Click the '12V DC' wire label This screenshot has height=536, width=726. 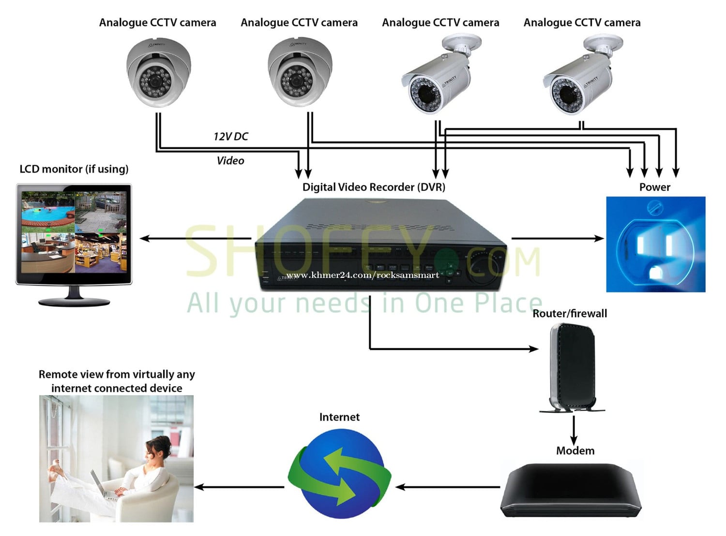coord(230,136)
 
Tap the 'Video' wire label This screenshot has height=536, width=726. coord(230,160)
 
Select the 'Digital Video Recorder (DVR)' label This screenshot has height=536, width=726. coord(374,187)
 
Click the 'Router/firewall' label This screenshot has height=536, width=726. coord(569,313)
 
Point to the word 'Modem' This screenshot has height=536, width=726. coord(575,450)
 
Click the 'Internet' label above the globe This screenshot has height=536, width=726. coord(339,417)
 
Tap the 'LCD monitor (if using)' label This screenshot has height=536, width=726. coord(74,169)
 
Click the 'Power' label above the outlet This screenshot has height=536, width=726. coord(654,187)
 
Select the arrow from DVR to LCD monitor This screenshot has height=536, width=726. coord(196,238)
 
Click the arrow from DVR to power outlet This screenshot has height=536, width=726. coord(558,238)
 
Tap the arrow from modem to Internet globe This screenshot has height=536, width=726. coord(447,487)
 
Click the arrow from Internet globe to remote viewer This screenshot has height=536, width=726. coord(239,487)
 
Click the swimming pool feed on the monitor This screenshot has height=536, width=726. coord(48,212)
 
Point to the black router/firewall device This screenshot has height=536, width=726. coord(572,367)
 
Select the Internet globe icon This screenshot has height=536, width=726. coord(339,473)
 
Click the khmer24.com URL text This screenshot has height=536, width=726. coord(363,275)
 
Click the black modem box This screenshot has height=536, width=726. coord(571,490)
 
